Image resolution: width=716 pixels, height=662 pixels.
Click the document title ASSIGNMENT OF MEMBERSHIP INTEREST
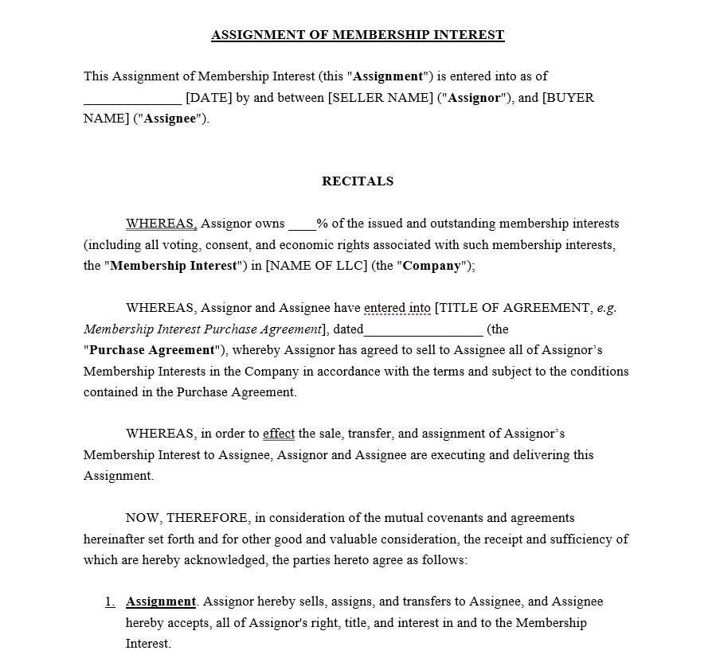tap(358, 35)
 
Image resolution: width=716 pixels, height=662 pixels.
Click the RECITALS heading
tap(358, 181)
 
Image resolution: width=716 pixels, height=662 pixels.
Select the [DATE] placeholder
tap(209, 98)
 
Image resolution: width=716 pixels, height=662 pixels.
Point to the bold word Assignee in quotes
tap(170, 119)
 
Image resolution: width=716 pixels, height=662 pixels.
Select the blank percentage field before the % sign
tap(302, 225)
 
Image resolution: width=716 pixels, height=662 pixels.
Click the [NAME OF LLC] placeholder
tap(316, 266)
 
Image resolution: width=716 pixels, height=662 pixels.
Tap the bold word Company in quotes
tap(432, 266)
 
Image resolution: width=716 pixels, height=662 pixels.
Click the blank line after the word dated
tap(423, 331)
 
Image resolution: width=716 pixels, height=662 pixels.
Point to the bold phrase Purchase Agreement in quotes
tap(152, 350)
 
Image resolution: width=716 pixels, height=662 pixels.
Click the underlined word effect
tap(279, 434)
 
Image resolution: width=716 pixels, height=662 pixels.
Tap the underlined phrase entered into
tap(397, 308)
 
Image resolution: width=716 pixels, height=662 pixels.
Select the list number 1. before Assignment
tap(110, 602)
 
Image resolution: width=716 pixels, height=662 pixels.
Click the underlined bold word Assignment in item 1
tap(161, 602)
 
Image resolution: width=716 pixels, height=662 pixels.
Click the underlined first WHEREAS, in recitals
tap(161, 224)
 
